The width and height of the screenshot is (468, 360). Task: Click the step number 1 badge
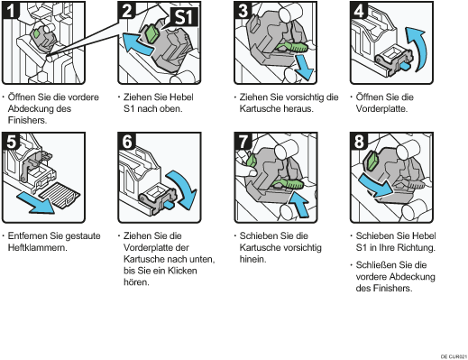[11, 10]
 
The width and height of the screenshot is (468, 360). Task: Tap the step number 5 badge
[11, 142]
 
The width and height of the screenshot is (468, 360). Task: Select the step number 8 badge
[359, 142]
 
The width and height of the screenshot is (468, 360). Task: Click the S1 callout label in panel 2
[184, 17]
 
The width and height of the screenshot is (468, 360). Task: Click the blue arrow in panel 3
[304, 69]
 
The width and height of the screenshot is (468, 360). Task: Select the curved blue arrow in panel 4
[417, 48]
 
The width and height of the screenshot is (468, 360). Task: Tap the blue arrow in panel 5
[35, 204]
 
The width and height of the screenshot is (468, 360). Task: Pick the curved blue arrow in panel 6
[183, 189]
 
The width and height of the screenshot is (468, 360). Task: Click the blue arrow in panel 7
[298, 205]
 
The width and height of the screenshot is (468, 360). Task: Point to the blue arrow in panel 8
[375, 185]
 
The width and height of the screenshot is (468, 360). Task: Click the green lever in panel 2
[152, 33]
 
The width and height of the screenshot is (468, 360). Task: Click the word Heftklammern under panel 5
[37, 248]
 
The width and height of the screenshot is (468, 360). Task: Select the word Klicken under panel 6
[182, 271]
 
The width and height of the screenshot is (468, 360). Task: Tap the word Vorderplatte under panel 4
[381, 108]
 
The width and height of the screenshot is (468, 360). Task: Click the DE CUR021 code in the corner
[454, 356]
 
